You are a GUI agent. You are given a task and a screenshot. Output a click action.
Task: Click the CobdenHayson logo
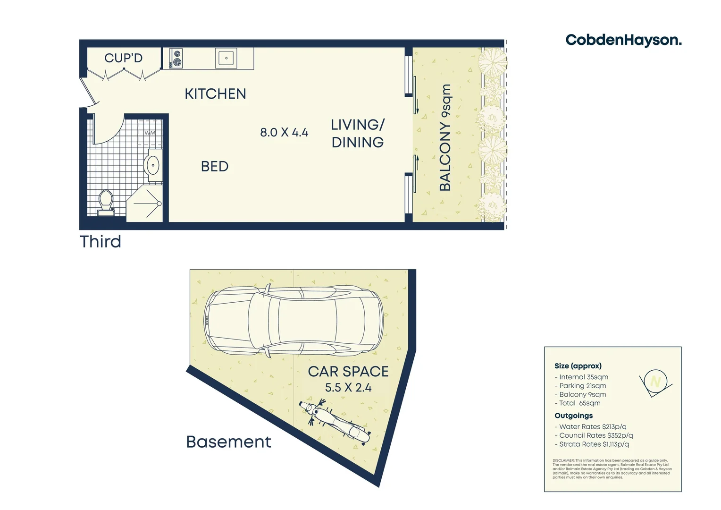(623, 40)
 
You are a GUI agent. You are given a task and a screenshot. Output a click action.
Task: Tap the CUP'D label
(123, 58)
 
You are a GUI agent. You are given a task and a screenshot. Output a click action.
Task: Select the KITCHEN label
(215, 94)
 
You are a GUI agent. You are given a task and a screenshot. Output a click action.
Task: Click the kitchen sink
(226, 59)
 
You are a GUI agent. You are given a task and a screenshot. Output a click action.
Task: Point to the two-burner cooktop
(176, 59)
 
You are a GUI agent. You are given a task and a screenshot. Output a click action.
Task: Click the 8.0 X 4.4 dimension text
(284, 132)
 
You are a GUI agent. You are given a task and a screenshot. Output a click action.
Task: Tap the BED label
(215, 166)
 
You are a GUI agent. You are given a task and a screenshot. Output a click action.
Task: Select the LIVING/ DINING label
(358, 134)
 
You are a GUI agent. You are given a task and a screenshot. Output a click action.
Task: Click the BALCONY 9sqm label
(445, 137)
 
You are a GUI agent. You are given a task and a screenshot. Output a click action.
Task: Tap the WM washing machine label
(150, 133)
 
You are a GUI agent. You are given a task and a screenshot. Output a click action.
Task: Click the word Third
(101, 242)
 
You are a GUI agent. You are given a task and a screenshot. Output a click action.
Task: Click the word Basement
(228, 442)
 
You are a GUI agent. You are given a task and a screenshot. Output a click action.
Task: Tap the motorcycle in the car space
(334, 420)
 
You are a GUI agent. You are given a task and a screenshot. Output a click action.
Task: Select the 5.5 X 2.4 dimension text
(348, 388)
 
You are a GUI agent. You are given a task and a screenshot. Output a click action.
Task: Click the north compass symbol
(655, 382)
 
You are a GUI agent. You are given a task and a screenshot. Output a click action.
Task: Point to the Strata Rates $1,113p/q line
(594, 444)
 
